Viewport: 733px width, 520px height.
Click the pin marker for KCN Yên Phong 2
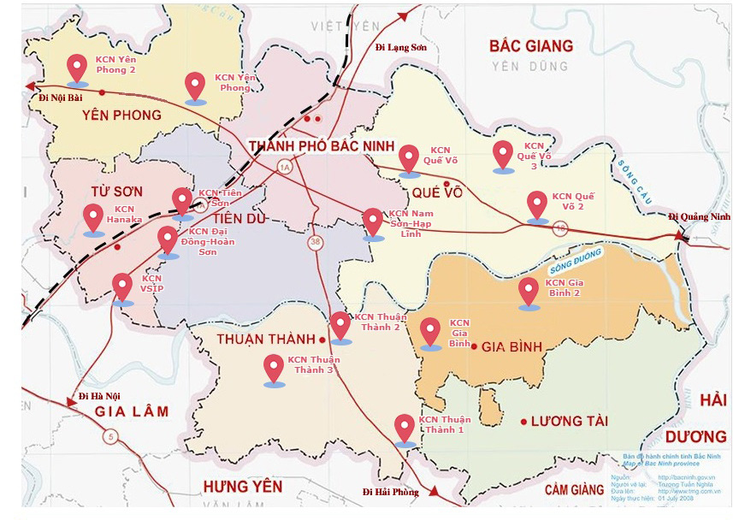[x=78, y=67]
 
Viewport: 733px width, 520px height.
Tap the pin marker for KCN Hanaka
[x=93, y=216]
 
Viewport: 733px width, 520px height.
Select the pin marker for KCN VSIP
[x=123, y=286]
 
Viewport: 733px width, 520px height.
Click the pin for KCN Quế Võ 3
[x=504, y=154]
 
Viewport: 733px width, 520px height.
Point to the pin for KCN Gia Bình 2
[x=529, y=291]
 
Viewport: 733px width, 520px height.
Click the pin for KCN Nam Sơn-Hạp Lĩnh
[x=373, y=222]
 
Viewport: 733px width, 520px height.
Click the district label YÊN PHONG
[x=122, y=115]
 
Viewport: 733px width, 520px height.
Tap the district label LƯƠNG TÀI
[x=569, y=422]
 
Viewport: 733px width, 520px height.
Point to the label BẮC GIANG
[x=529, y=46]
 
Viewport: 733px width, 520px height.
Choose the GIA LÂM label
[x=131, y=411]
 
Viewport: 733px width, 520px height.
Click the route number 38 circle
[x=316, y=243]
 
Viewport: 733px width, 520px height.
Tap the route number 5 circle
[x=109, y=437]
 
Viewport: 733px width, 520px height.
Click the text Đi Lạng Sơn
[x=400, y=48]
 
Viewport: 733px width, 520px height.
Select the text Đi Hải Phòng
[x=391, y=492]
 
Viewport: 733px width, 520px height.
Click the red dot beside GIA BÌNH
[x=474, y=346]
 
